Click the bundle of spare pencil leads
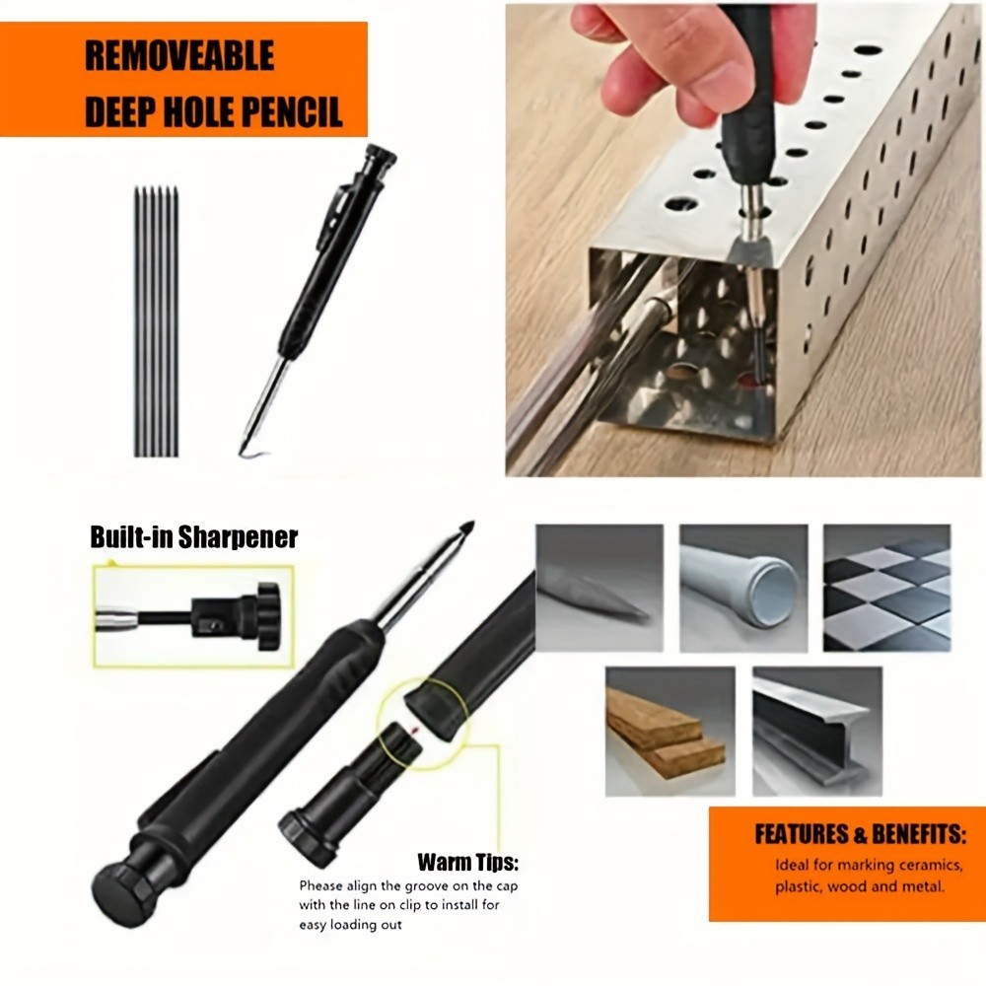click(156, 320)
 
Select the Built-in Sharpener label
click(193, 537)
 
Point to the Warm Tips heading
click(467, 863)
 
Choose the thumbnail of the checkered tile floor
click(886, 588)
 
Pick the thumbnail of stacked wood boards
click(669, 730)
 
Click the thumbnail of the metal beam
click(816, 730)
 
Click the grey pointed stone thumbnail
click(599, 588)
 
